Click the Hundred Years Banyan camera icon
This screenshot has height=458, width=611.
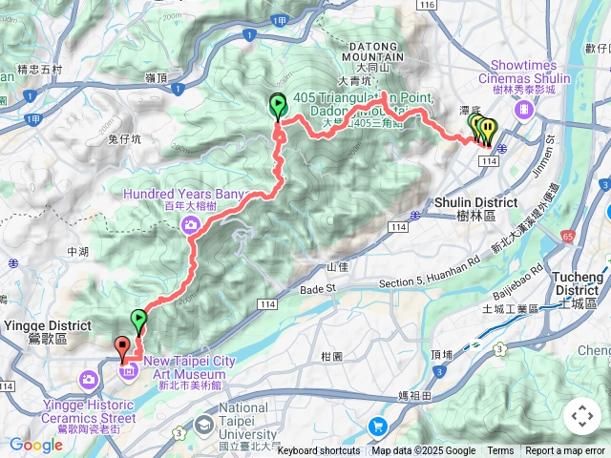tap(191, 224)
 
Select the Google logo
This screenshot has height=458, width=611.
tap(35, 445)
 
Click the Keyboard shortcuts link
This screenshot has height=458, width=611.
tap(319, 451)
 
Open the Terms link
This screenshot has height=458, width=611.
tap(500, 451)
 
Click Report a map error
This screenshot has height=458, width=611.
tap(566, 451)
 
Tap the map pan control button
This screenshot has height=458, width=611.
tap(581, 416)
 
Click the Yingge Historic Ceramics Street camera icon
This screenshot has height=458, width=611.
tap(89, 383)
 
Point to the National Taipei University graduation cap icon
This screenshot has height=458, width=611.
tap(204, 424)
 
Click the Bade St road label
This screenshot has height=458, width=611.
tap(320, 288)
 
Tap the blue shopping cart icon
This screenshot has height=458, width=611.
tap(379, 427)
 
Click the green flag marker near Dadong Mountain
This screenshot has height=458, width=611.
tap(278, 105)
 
